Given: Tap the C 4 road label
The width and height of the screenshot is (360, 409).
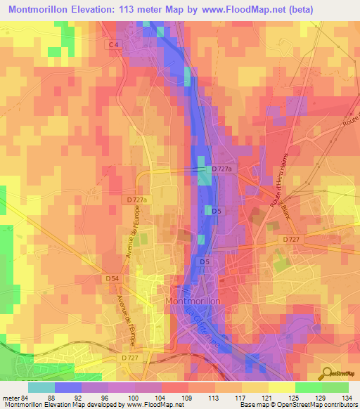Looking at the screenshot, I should click(113, 44).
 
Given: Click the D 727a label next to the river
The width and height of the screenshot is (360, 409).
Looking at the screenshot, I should click(221, 169).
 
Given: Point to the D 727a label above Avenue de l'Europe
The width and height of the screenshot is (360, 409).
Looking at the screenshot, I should click(137, 200).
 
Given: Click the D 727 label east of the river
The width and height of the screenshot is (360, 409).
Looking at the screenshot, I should click(291, 240).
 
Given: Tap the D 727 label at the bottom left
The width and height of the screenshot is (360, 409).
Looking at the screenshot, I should click(129, 358).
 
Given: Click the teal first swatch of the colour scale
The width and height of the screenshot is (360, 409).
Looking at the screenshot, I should click(41, 387).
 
